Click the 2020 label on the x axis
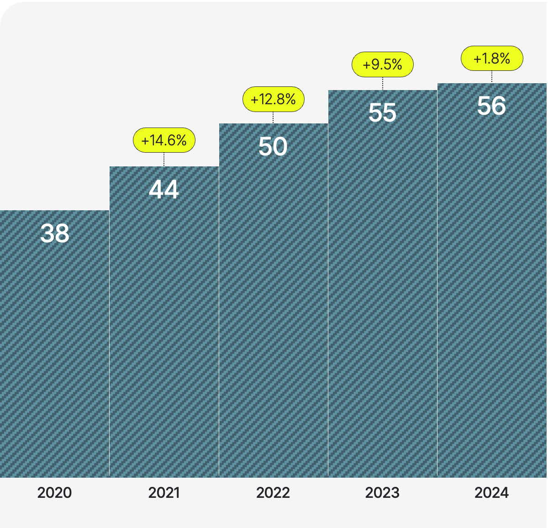point(54,493)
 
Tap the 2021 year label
point(164,493)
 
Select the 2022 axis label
point(273,493)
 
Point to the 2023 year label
point(382,493)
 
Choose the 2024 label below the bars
point(491,493)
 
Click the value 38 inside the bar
point(55,234)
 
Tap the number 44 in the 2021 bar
point(164,190)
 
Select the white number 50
point(273,147)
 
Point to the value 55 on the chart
point(382,113)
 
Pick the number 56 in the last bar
point(491,106)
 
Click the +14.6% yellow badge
point(164,140)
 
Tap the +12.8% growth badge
point(273,99)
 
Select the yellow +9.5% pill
point(382,64)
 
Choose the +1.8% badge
point(491,59)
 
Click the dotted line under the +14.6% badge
point(164,160)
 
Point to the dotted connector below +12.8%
point(273,117)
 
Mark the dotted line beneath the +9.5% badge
point(382,84)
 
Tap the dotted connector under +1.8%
point(491,77)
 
